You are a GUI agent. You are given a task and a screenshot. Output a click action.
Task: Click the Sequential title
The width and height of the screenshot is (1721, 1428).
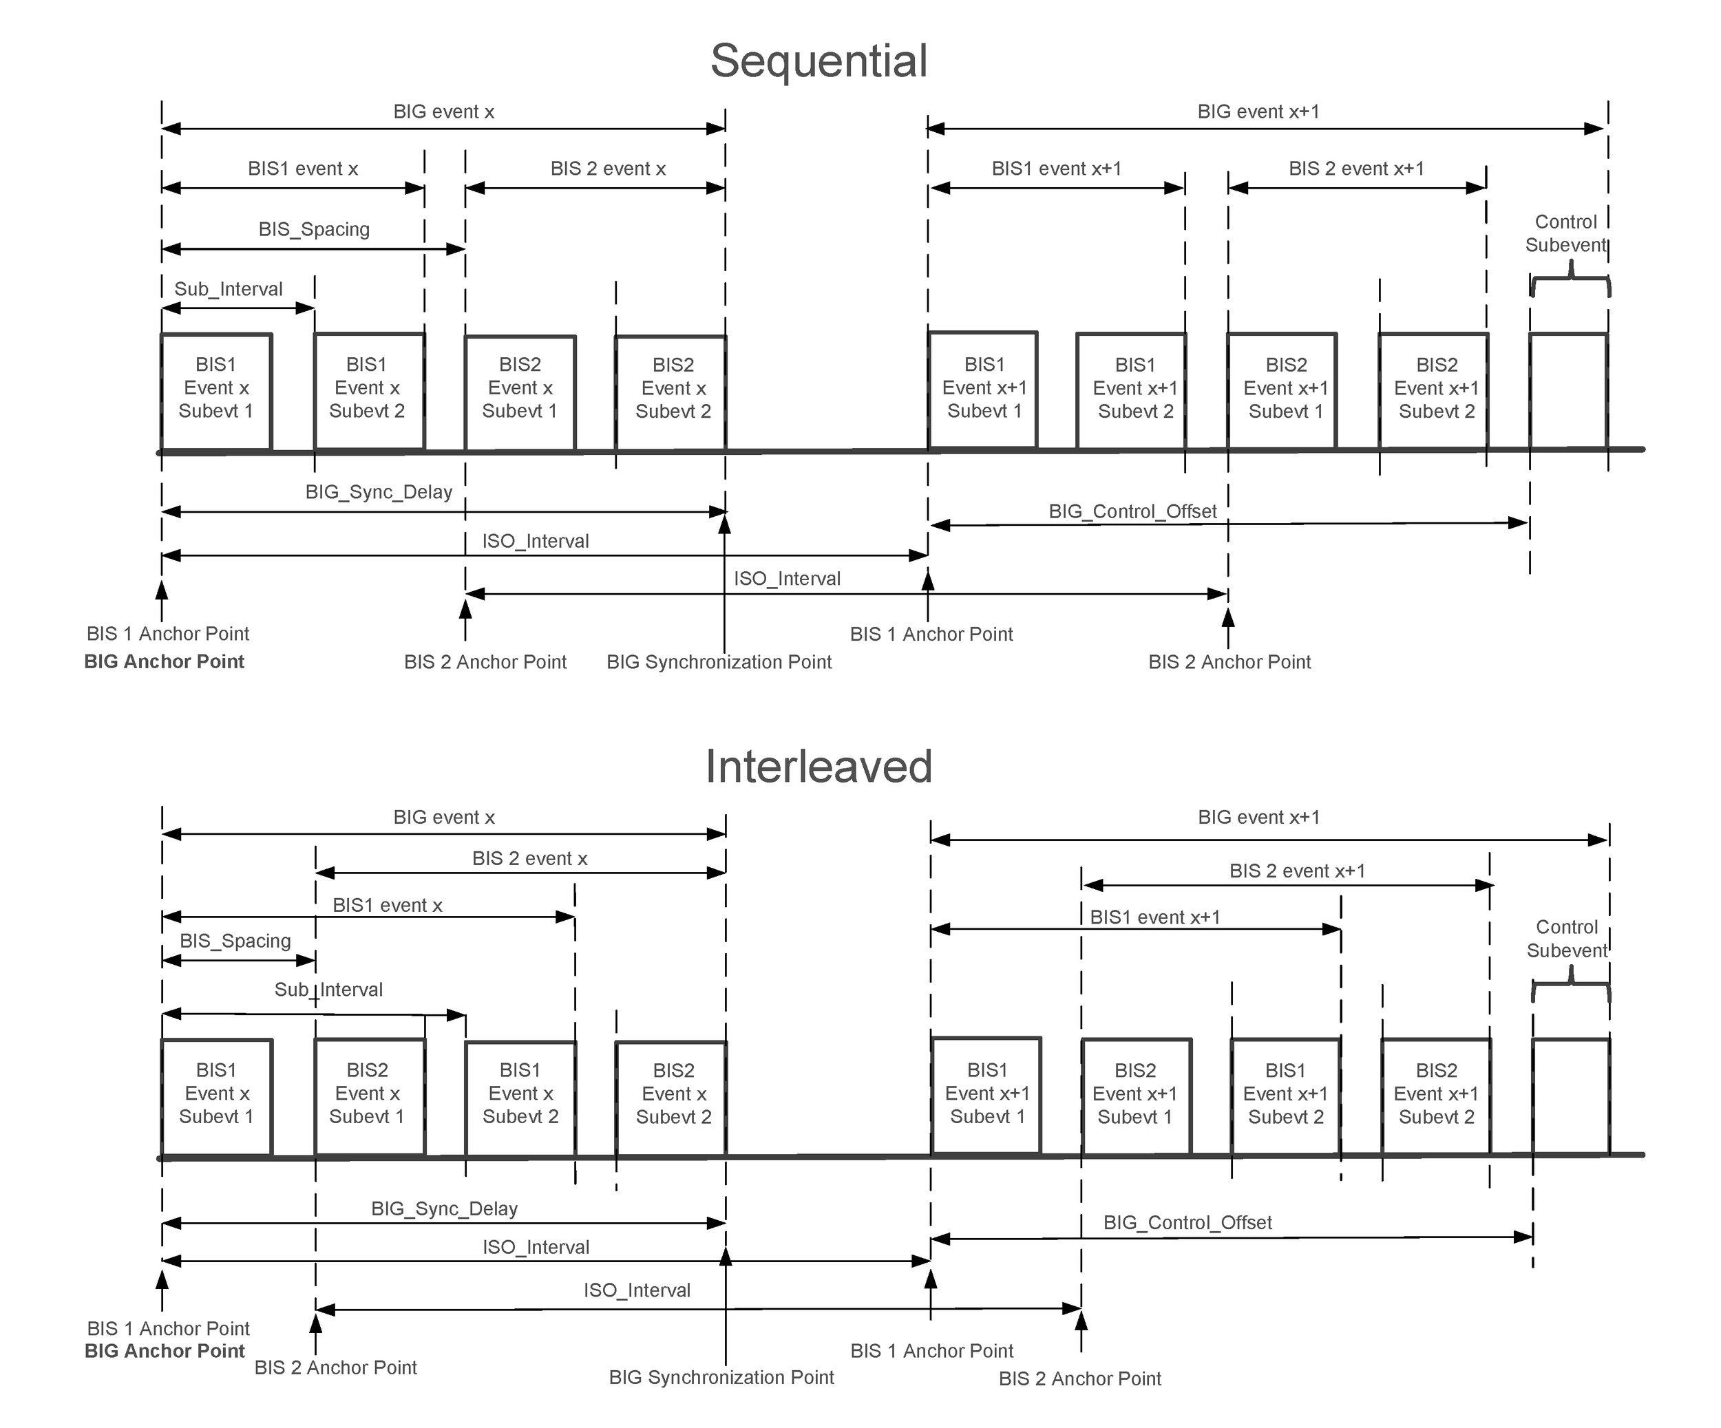click(818, 61)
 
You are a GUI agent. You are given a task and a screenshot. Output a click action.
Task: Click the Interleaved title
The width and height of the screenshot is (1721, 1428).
click(818, 767)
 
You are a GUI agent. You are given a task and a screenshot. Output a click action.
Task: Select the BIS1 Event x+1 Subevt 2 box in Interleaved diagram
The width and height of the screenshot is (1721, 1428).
click(1285, 1094)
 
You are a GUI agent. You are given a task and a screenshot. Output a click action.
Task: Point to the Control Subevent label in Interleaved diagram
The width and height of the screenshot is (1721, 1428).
click(1566, 939)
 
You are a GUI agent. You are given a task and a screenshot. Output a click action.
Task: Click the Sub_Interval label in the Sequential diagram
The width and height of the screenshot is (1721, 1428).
click(228, 289)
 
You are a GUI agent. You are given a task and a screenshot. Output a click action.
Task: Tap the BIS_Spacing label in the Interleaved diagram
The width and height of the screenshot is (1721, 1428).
click(235, 941)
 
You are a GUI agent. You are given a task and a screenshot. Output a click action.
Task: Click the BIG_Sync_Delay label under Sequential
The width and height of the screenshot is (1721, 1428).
click(379, 492)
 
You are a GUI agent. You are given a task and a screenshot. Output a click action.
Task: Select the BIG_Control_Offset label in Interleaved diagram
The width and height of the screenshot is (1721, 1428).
click(1187, 1223)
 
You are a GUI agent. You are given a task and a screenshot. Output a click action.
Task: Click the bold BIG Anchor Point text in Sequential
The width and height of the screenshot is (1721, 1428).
click(164, 662)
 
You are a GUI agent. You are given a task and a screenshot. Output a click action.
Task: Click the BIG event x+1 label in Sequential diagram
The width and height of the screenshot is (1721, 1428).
click(1258, 111)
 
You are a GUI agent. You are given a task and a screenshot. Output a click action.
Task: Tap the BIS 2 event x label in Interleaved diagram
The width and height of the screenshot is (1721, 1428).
click(529, 859)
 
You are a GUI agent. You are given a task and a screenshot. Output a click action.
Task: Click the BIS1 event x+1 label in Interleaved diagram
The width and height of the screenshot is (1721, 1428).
click(1154, 917)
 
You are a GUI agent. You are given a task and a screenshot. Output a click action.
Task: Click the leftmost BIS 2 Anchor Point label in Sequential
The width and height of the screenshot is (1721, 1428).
click(485, 662)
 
